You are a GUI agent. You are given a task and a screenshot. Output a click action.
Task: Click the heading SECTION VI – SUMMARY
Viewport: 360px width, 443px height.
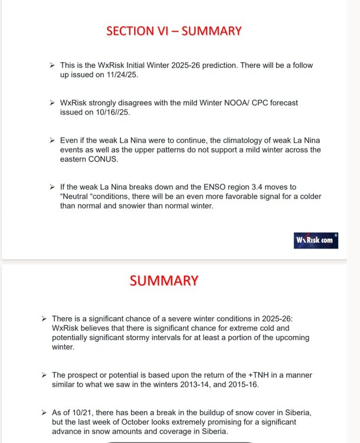coord(174,31)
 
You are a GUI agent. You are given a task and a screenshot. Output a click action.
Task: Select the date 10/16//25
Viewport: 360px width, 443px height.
coord(111,113)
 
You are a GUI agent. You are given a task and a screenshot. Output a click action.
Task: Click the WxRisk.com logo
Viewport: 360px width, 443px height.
coord(316,240)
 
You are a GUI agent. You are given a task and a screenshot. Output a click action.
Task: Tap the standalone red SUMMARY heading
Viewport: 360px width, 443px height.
coord(164,281)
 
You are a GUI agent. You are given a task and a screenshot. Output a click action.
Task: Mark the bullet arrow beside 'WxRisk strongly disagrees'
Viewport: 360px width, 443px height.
coord(53,103)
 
